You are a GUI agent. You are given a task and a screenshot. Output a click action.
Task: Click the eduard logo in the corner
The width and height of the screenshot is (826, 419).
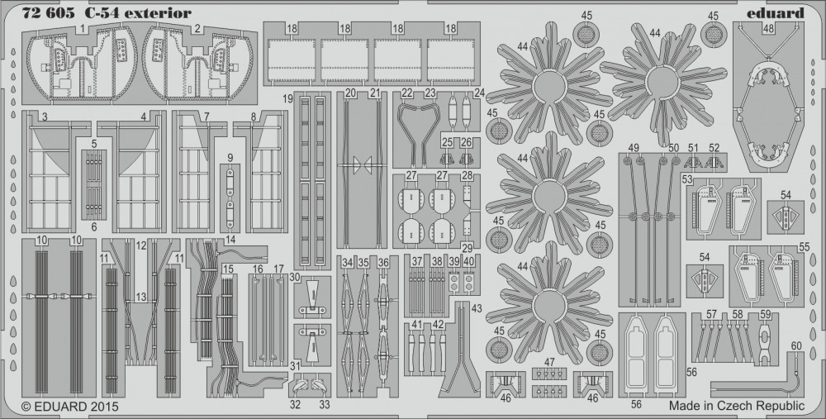(776, 12)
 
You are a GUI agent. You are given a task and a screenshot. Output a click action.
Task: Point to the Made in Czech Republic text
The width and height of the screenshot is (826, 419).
(737, 406)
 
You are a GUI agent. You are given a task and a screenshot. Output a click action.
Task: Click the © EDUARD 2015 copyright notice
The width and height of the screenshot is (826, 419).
(70, 407)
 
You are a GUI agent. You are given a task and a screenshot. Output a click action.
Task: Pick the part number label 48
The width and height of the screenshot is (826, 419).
(767, 28)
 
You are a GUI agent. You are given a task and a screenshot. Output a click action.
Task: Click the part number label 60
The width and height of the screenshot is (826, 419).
(796, 345)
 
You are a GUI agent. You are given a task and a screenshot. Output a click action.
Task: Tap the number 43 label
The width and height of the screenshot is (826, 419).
(477, 307)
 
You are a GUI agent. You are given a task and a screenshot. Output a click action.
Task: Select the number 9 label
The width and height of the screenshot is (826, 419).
(230, 157)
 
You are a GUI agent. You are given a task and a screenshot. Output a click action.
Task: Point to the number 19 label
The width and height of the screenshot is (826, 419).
(287, 98)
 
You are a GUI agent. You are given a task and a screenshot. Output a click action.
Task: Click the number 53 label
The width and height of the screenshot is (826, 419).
(687, 179)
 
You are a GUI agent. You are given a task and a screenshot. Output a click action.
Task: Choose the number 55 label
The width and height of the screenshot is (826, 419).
(804, 247)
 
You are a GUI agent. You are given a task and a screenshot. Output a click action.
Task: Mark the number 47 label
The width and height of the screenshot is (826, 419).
(549, 362)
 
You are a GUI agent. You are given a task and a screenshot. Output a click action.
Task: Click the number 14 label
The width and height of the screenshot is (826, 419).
(230, 240)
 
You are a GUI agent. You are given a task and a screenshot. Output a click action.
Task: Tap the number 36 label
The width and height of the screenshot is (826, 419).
(383, 263)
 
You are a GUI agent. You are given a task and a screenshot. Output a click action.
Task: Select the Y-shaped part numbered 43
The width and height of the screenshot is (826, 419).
(460, 348)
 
